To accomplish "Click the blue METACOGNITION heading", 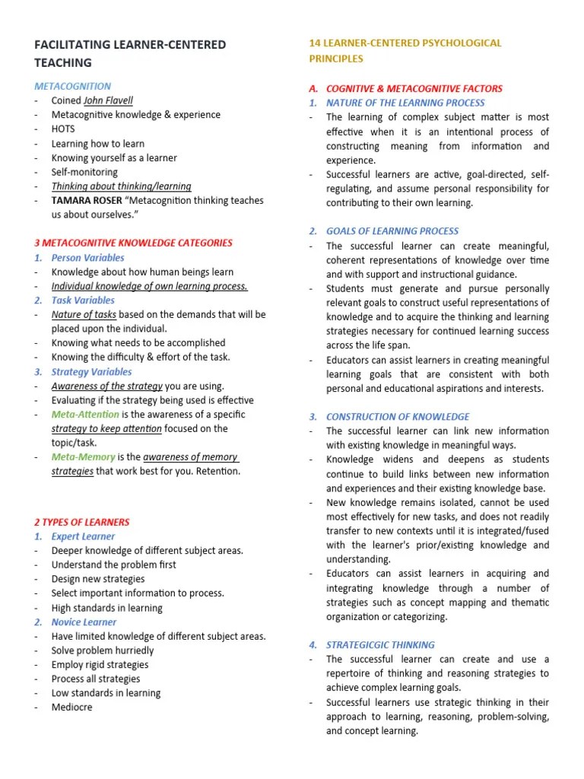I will coord(72,86).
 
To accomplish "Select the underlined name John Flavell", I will coord(108,100).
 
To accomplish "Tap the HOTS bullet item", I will coord(63,129).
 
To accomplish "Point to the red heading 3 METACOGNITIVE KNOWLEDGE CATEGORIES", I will coord(133,243).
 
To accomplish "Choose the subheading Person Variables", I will coord(87,258).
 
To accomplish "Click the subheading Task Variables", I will coord(83,300).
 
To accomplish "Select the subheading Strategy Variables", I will coord(91,372).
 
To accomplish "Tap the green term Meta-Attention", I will coord(85,415).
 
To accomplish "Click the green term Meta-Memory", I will coord(83,457).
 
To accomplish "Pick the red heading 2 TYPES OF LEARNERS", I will coord(81,523).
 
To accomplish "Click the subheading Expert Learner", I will coord(83,536).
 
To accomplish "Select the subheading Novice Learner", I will coord(84,622).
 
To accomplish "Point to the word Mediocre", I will coord(71,707).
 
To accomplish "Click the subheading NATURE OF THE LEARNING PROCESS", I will coord(405,103).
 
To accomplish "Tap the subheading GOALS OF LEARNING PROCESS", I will coord(392,231).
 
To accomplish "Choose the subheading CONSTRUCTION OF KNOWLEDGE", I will coord(398,417).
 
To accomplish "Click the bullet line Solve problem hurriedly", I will coord(102,650).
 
